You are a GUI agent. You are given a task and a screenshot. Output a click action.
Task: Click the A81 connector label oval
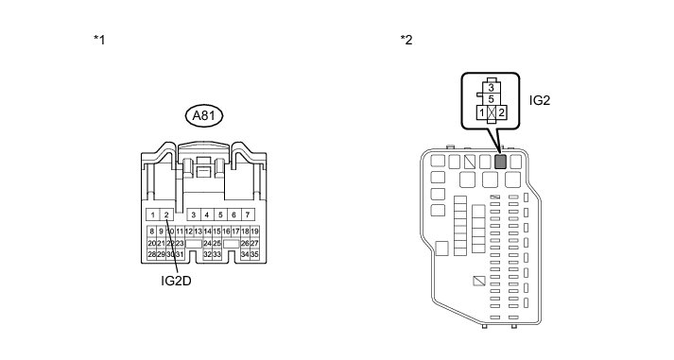click(204, 116)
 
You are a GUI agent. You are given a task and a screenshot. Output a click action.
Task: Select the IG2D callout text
click(176, 281)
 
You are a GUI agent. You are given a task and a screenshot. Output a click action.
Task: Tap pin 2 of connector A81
click(166, 214)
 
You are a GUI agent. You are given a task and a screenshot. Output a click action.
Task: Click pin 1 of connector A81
click(153, 214)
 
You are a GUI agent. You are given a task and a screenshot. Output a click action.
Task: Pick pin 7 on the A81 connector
click(247, 214)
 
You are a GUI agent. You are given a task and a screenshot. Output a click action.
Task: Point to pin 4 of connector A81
click(207, 214)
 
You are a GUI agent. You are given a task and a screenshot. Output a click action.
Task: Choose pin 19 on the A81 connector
click(254, 231)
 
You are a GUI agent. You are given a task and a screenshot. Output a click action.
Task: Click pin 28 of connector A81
click(152, 254)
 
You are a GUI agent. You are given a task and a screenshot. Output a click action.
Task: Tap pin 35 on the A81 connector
click(254, 254)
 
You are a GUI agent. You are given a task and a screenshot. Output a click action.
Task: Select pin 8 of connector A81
click(152, 231)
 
